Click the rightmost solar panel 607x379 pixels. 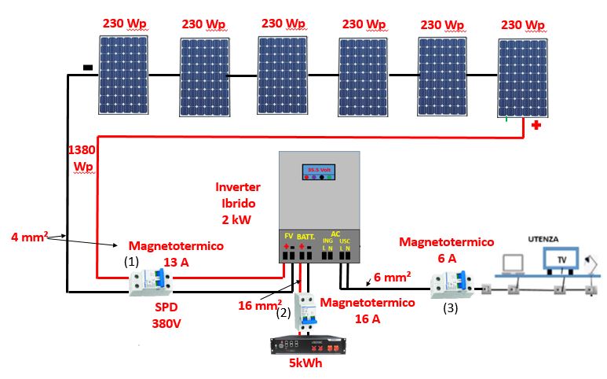524,77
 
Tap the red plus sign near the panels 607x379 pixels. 536,126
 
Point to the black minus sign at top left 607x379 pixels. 87,68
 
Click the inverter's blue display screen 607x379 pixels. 320,171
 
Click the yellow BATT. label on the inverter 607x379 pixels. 306,235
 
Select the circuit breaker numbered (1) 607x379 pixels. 152,281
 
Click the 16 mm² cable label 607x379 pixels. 260,304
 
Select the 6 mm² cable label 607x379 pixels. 390,277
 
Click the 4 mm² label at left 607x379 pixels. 30,235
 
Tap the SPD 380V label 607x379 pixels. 167,315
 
